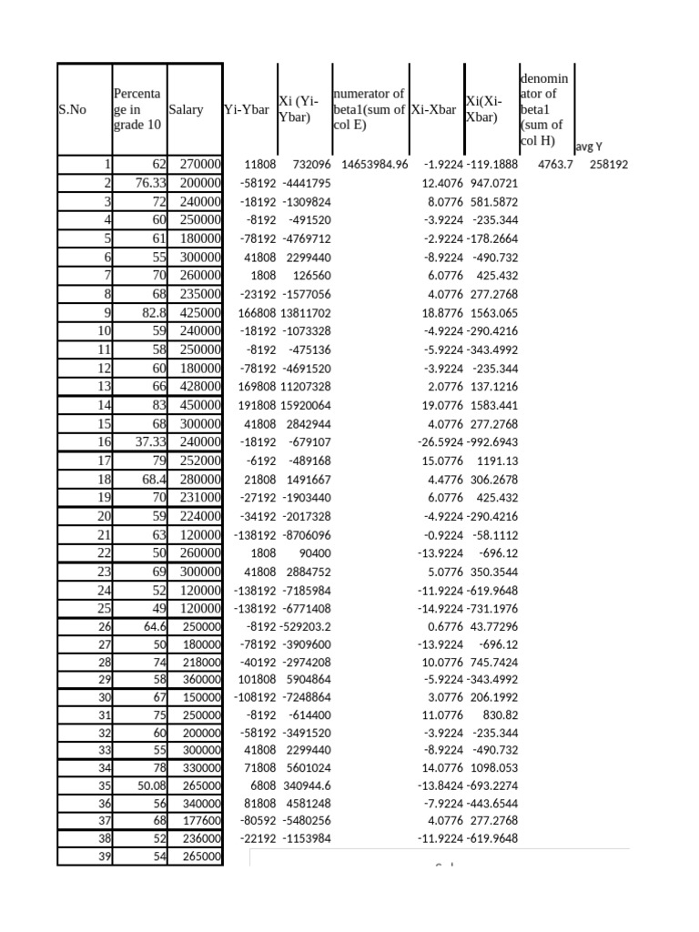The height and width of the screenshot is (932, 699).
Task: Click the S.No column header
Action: pyautogui.click(x=72, y=109)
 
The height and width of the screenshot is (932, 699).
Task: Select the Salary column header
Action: pyautogui.click(x=186, y=109)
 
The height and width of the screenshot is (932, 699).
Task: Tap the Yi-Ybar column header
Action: pyautogui.click(x=247, y=109)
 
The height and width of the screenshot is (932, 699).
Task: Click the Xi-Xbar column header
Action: pyautogui.click(x=433, y=109)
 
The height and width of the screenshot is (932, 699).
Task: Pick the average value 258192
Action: pyautogui.click(x=608, y=165)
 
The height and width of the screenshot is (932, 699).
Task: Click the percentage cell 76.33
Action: pyautogui.click(x=147, y=183)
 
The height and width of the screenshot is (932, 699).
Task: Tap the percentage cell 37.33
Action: pyautogui.click(x=147, y=441)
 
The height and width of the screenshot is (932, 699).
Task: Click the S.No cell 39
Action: pyautogui.click(x=102, y=856)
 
